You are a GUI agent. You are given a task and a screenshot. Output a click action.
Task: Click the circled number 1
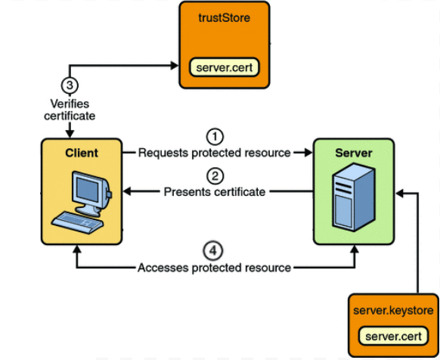click(215, 137)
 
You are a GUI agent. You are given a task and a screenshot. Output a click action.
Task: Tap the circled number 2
click(215, 176)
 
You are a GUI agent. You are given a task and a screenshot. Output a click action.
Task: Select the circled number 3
click(70, 85)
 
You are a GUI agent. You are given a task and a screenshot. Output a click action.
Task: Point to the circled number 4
click(213, 250)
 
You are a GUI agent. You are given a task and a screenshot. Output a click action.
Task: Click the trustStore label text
click(225, 17)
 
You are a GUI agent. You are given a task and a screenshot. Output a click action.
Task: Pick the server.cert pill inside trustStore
click(225, 67)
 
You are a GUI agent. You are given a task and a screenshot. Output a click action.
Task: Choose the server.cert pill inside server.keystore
click(393, 336)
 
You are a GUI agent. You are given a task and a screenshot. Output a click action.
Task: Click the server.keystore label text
click(393, 310)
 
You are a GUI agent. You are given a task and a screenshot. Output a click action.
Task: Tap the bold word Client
click(82, 153)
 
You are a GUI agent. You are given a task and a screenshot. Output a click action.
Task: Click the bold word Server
click(354, 153)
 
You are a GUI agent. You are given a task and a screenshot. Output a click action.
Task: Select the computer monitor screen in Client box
click(88, 190)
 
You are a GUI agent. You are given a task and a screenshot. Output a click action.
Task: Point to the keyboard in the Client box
click(77, 222)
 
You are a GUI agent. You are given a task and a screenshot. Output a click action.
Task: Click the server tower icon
click(354, 197)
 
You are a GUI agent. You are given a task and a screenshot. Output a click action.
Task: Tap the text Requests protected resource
click(215, 153)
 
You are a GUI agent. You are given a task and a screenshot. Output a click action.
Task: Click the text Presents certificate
click(215, 192)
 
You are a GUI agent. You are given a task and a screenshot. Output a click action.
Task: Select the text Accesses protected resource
click(214, 268)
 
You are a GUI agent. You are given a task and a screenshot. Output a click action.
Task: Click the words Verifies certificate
click(70, 110)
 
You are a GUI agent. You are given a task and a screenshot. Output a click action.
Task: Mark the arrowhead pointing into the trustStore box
click(175, 66)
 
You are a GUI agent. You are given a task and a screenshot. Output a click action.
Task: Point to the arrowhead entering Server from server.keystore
click(400, 193)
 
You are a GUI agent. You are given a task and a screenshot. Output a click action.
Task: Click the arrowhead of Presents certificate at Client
click(127, 191)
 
